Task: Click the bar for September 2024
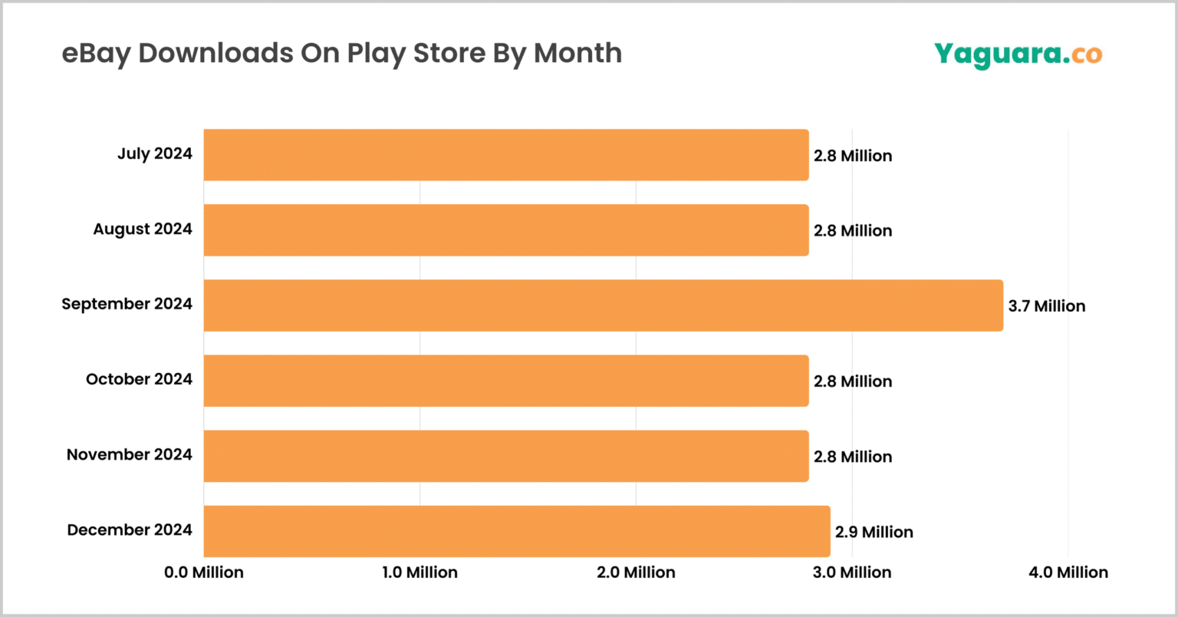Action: (603, 305)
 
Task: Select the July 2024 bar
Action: (506, 155)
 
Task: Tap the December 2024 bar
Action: (517, 531)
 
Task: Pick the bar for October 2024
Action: (506, 381)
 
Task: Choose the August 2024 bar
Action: (506, 230)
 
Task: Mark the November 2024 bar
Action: (506, 456)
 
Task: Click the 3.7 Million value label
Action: (1046, 306)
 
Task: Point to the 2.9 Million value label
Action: (874, 532)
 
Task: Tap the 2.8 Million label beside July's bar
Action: (853, 156)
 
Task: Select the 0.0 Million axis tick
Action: (204, 572)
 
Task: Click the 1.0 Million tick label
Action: (420, 572)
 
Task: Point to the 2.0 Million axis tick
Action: (637, 572)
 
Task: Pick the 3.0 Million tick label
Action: (853, 572)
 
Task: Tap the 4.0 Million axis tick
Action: (1069, 572)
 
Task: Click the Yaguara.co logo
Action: (1018, 54)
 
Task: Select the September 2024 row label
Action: (127, 304)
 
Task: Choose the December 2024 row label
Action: (130, 530)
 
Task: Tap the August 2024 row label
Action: (143, 229)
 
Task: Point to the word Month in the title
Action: (577, 53)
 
